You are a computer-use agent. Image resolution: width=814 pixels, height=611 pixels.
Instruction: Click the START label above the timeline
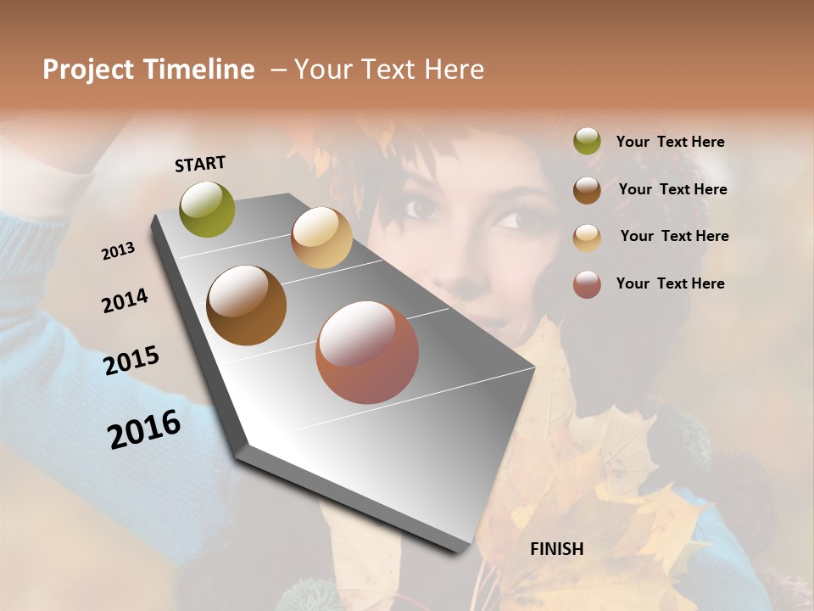click(200, 164)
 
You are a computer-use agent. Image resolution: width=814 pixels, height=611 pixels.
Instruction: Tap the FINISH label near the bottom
click(557, 549)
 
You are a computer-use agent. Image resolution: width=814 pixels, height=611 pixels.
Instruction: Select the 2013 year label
click(118, 250)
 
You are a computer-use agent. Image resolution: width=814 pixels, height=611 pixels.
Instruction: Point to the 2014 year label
click(125, 301)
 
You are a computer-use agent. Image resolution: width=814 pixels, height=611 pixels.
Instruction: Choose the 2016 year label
click(144, 429)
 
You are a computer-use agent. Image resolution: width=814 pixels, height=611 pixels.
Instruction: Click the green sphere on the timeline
click(208, 209)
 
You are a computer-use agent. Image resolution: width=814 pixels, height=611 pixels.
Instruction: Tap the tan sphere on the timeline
click(321, 238)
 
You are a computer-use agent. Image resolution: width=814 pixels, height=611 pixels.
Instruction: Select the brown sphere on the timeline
click(247, 305)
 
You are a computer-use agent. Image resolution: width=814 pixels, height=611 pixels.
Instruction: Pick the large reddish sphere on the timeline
click(367, 352)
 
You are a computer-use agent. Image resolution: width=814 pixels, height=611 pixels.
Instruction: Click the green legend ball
click(587, 142)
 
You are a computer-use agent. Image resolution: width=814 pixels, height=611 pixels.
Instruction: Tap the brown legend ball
click(587, 190)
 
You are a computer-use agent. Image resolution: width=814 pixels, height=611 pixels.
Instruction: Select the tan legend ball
click(587, 237)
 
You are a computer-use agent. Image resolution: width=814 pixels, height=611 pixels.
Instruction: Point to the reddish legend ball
click(587, 284)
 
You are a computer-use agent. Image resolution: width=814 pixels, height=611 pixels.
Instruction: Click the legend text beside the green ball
click(670, 143)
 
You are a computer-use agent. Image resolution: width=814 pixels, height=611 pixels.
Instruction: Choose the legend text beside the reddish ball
click(670, 283)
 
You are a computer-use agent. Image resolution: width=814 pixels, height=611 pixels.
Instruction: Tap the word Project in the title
click(88, 70)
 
